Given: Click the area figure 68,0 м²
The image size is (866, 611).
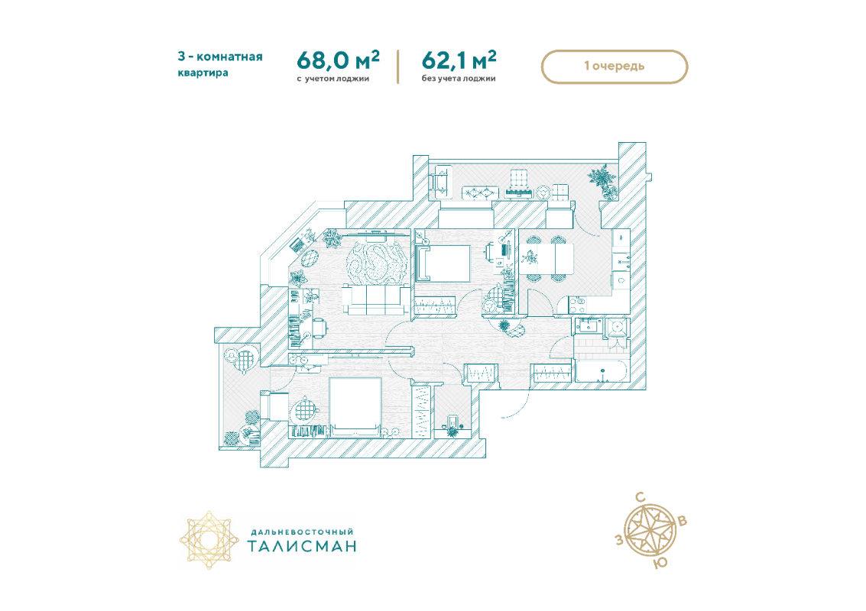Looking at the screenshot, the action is (x=338, y=60).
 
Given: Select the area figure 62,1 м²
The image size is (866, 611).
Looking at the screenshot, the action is (x=459, y=60).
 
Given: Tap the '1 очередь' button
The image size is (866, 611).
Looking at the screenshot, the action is (x=615, y=66).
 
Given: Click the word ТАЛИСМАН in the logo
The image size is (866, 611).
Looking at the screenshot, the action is (x=302, y=546).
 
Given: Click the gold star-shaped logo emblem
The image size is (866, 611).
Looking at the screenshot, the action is (x=209, y=539).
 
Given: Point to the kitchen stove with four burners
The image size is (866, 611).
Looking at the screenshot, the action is (x=577, y=304).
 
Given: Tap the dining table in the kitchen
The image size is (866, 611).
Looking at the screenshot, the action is (x=545, y=258).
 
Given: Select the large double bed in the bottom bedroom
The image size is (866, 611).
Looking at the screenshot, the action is (x=355, y=406).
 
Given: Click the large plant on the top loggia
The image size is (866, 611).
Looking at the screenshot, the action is (x=602, y=178).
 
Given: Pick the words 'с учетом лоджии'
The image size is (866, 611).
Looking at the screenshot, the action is (x=332, y=79).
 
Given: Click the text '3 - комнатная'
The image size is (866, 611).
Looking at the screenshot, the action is (x=220, y=57).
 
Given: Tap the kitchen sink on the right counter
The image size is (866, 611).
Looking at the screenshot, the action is (x=621, y=281).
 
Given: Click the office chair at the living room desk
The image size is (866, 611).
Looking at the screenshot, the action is (x=319, y=328).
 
